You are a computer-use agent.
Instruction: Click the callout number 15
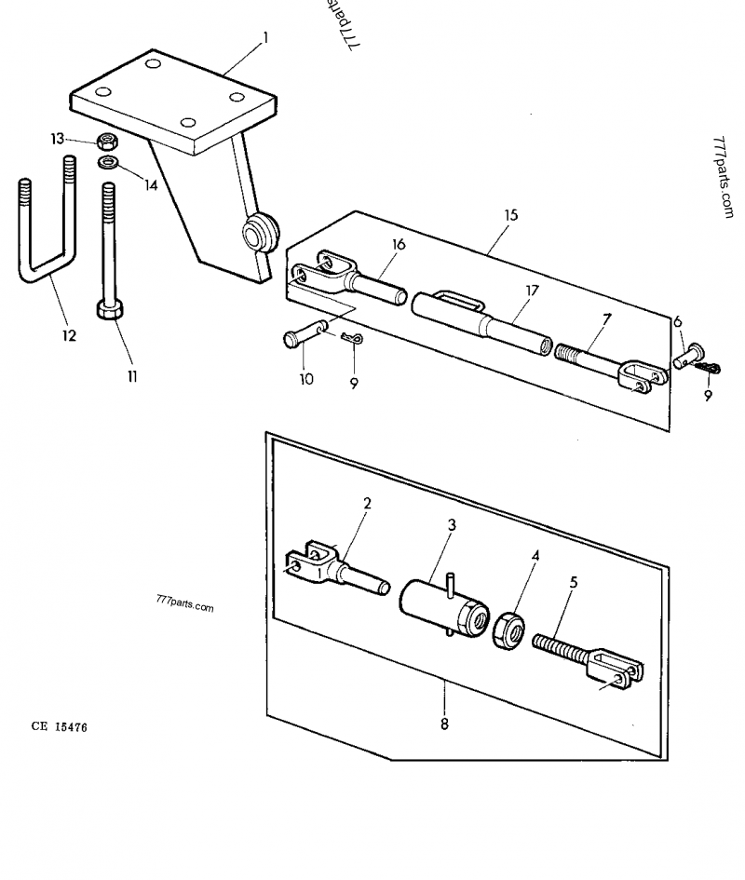pyautogui.click(x=510, y=215)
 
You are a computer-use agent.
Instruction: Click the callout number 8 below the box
pyautogui.click(x=444, y=724)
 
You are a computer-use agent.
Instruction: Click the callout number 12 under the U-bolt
pyautogui.click(x=69, y=335)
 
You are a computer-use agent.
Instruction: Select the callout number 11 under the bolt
pyautogui.click(x=131, y=376)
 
